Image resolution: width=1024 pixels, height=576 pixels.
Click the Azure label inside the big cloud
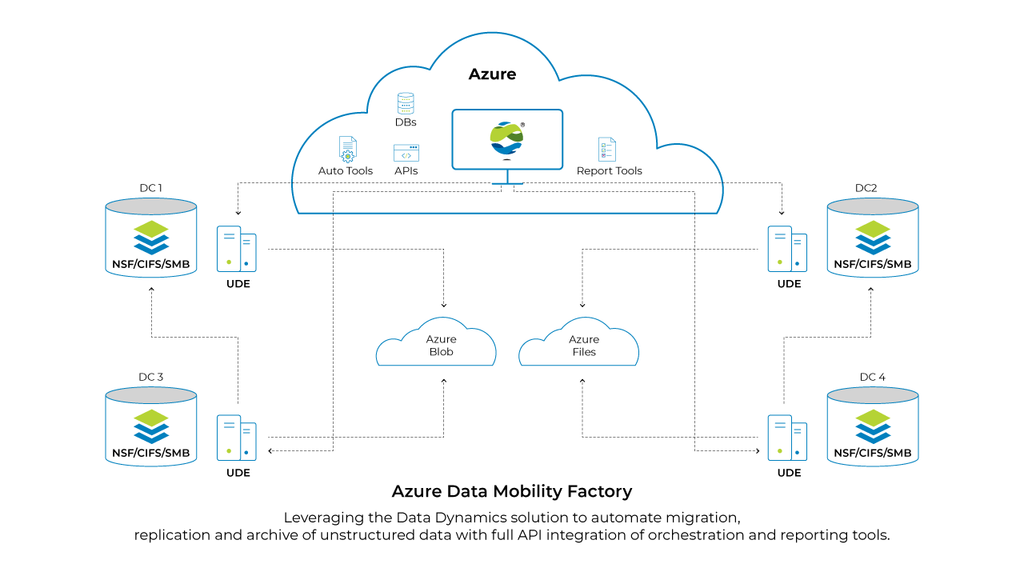pos(492,74)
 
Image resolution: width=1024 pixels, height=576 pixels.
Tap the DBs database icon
pos(406,103)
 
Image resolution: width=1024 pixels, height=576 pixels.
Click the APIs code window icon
pos(406,153)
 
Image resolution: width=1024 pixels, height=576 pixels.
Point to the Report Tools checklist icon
pos(607,150)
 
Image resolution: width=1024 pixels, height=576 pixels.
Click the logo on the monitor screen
pos(507,139)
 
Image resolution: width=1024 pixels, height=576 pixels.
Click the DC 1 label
pos(150,188)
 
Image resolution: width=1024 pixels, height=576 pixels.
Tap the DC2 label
pos(866,188)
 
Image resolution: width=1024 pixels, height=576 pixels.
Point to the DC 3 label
pos(150,377)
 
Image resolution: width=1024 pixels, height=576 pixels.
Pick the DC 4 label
pos(872,377)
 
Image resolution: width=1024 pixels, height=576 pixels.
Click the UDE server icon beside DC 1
pos(237,249)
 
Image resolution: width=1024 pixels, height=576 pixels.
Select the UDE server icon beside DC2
pos(787,249)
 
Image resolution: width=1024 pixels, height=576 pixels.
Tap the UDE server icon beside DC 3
pos(237,438)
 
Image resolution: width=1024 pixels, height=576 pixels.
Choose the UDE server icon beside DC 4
pos(787,438)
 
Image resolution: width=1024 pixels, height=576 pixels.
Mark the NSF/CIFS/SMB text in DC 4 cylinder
pos(872,453)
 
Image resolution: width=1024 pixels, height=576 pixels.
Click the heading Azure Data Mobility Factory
pos(512,491)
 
